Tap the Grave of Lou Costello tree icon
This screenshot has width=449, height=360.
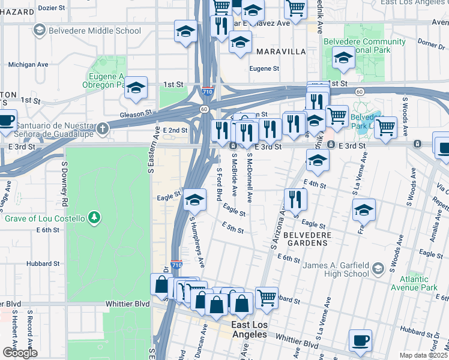click(93, 217)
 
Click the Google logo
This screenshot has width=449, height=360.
click(20, 352)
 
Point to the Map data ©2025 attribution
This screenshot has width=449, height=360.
click(423, 355)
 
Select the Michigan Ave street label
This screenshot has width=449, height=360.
click(28, 64)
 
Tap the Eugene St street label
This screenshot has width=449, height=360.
click(265, 69)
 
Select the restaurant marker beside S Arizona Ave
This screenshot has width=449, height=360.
click(294, 200)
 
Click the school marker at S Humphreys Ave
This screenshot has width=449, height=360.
click(194, 201)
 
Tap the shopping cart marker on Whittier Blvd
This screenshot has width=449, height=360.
click(267, 296)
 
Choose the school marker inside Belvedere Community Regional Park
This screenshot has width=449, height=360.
click(343, 59)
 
